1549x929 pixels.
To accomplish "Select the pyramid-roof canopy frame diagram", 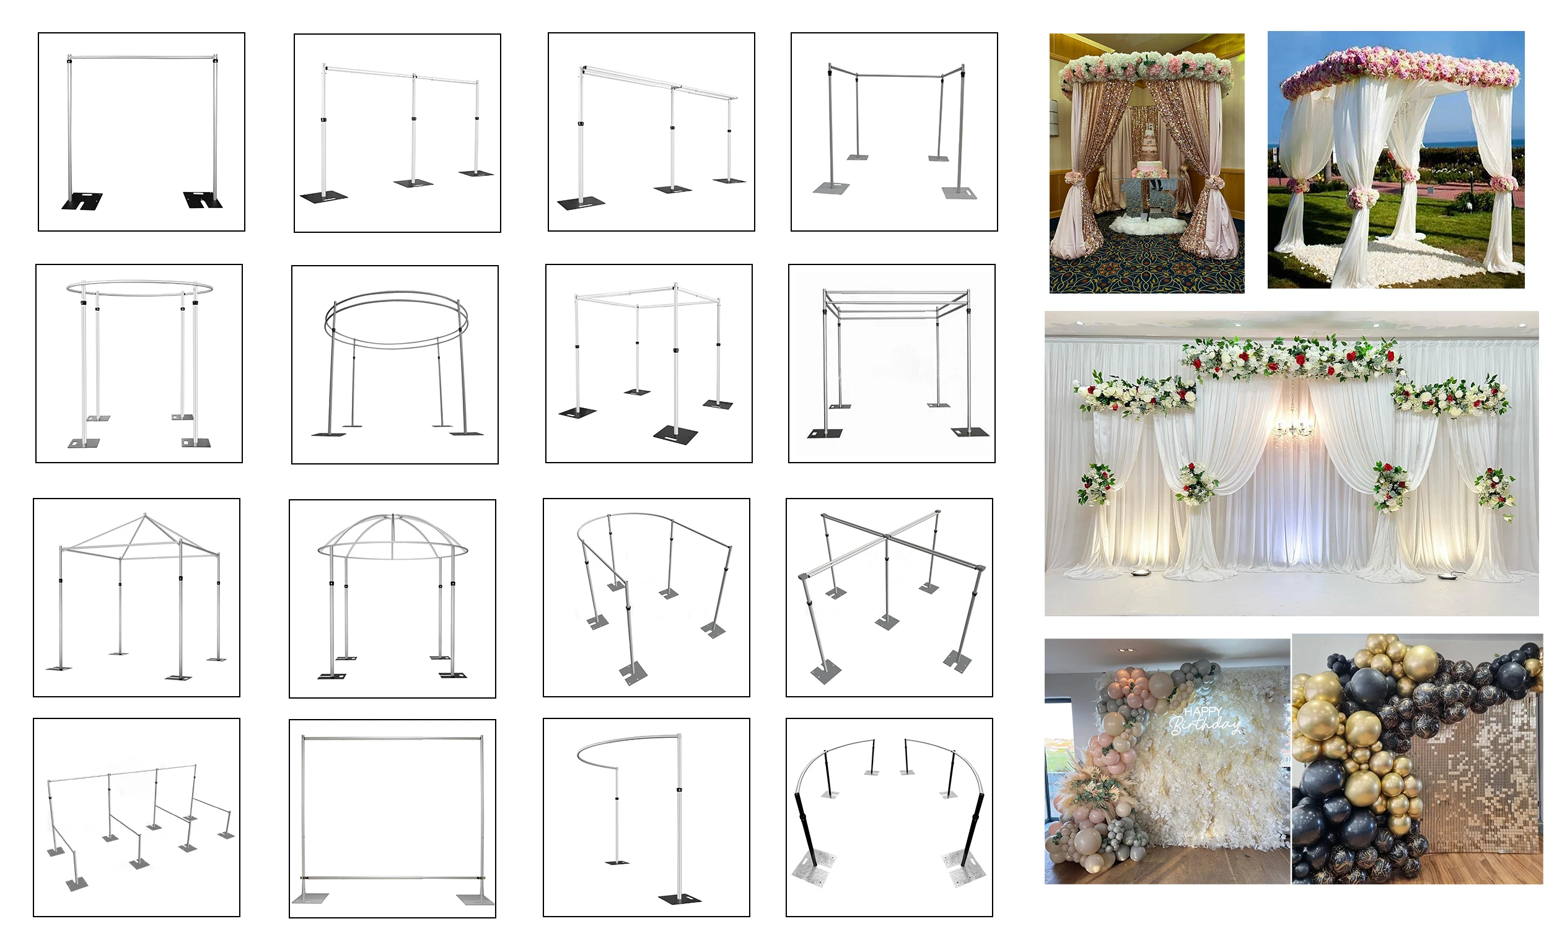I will click(136, 597).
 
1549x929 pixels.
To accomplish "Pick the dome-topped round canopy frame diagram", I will click(392, 598).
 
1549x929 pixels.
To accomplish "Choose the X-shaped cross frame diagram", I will click(889, 597).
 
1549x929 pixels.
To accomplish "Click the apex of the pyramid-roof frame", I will click(145, 515).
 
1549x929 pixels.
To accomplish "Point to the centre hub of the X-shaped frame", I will click(888, 537).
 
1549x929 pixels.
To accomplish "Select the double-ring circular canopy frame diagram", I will click(395, 364).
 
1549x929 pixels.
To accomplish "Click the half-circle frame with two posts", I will click(646, 817).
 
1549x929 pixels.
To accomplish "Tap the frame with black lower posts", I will click(889, 817).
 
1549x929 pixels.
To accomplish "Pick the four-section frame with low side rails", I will click(136, 817).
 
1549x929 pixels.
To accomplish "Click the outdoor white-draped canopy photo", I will click(1395, 160).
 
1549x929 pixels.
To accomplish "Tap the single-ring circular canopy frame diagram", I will click(139, 363).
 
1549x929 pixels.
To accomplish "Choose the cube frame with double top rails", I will click(892, 363).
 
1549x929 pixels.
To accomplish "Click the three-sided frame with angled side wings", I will click(894, 131).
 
